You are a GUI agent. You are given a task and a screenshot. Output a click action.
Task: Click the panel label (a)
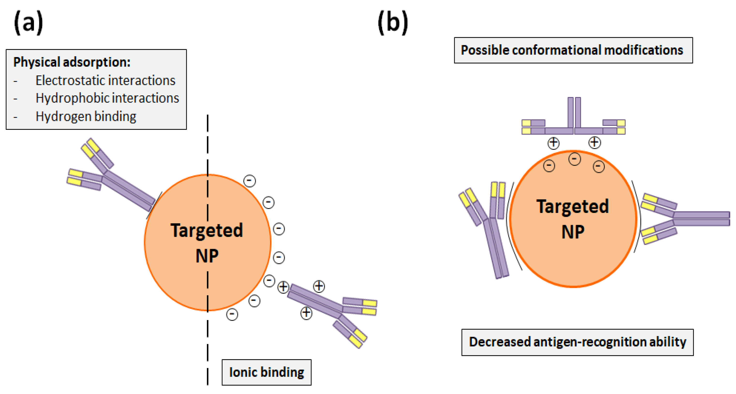coord(29,23)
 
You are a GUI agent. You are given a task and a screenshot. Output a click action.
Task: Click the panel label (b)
coord(393,23)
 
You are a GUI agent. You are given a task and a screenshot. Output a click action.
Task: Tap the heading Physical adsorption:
coord(72,62)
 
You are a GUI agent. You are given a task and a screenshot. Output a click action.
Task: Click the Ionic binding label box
coord(266,372)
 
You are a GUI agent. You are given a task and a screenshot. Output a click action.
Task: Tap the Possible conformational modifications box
coord(573,50)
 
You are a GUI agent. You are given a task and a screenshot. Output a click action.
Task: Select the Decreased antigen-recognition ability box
coord(577,342)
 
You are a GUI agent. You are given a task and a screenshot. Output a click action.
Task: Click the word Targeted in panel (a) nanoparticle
coord(207,231)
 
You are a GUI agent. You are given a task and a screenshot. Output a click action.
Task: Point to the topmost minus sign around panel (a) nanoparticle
coord(249,181)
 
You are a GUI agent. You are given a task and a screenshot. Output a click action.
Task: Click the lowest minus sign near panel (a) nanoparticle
coord(232,314)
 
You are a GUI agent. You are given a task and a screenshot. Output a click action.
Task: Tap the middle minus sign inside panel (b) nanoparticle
coord(575,159)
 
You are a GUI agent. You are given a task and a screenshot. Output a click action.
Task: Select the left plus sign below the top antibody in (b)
coord(553,143)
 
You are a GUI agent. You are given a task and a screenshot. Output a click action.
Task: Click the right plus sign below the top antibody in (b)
coord(595,142)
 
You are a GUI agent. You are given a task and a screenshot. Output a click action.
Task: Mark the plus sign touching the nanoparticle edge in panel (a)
coord(284,287)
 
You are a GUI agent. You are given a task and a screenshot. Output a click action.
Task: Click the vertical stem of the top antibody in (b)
coord(574,113)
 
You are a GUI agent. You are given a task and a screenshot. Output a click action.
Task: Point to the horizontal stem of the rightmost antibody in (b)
coord(701,219)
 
